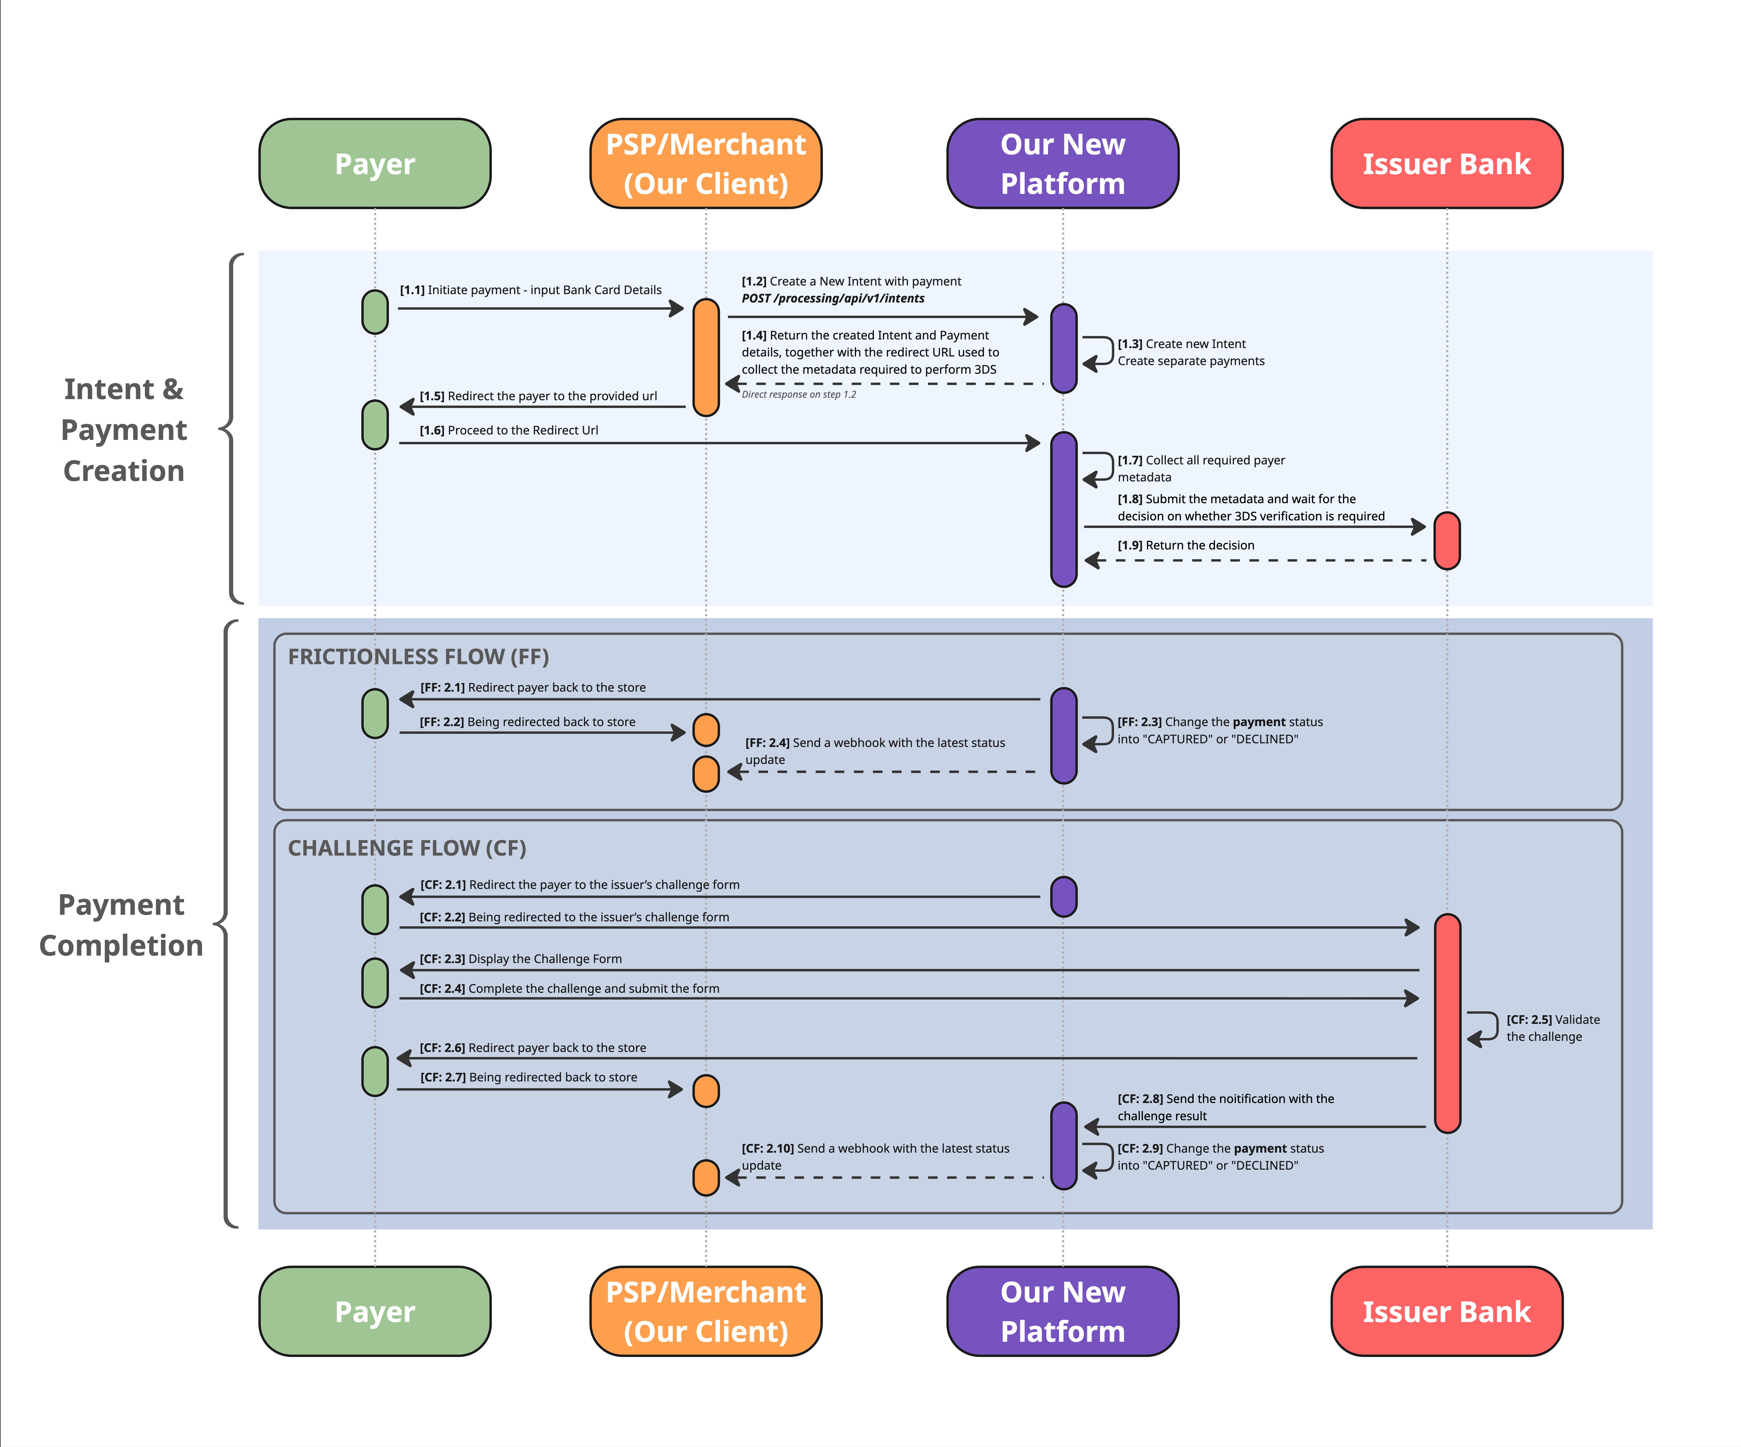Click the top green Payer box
tap(375, 163)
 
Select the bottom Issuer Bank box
tap(1447, 1311)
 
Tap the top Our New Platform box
tap(1063, 163)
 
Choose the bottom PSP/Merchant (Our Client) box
tap(705, 1311)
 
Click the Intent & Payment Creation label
tap(124, 429)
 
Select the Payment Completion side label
tap(121, 925)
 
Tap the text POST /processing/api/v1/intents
tap(833, 298)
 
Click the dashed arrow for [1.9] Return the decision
tap(1255, 561)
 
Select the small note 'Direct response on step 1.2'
tap(798, 395)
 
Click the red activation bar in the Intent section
tap(1447, 541)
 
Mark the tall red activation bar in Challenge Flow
tap(1448, 1023)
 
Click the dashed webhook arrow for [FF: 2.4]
tap(881, 772)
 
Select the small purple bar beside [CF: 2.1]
tap(1064, 896)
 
